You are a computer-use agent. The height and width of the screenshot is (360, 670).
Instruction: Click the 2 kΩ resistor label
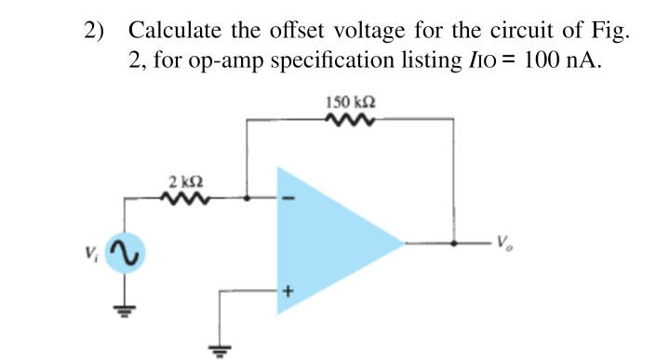[x=185, y=180]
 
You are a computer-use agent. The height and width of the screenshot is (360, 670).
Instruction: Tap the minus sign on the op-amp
[x=288, y=197]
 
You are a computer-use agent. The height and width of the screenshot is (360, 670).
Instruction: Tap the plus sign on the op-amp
[x=288, y=291]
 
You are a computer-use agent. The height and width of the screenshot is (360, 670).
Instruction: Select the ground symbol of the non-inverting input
[x=220, y=350]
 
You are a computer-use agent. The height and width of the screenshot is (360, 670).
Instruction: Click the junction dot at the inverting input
[x=246, y=197]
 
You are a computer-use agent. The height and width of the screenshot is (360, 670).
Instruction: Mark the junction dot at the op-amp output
[x=453, y=244]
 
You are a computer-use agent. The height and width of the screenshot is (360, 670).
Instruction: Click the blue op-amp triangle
[x=326, y=244]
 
